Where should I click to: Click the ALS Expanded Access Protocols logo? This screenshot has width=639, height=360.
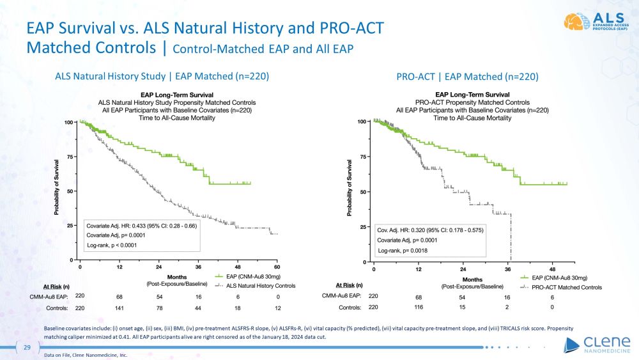click(x=597, y=21)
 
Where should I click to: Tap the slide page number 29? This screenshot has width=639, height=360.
click(x=27, y=347)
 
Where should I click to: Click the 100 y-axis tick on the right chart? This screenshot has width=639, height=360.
click(x=362, y=121)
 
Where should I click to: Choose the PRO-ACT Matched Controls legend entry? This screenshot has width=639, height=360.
click(x=562, y=287)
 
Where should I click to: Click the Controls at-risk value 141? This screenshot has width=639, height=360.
click(x=119, y=308)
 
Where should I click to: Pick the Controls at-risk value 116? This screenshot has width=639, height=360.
click(x=419, y=308)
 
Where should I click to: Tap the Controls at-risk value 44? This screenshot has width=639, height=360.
click(x=198, y=308)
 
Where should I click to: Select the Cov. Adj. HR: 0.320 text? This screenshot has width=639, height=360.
click(x=402, y=228)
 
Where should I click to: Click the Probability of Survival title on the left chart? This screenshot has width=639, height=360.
click(x=58, y=190)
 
